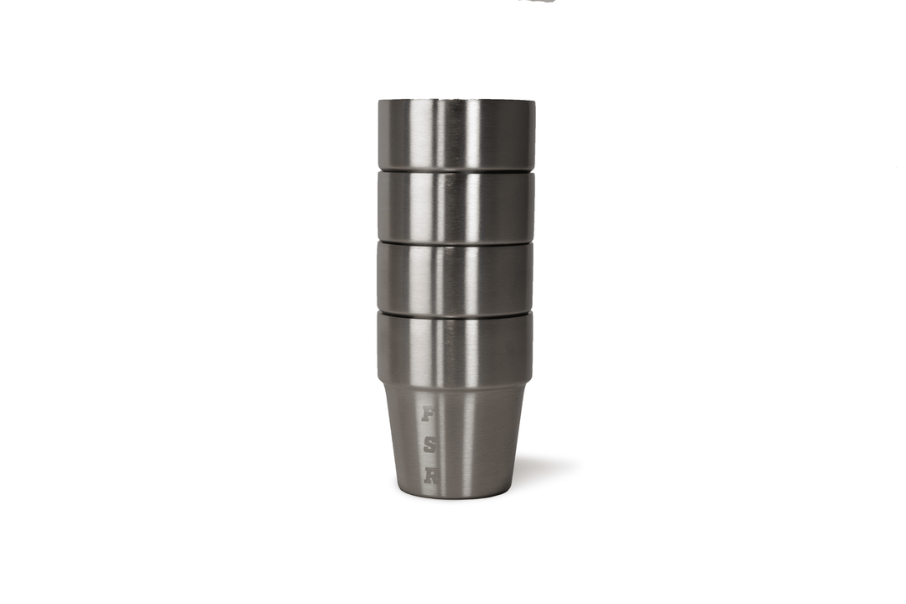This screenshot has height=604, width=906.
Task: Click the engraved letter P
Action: coord(428,415)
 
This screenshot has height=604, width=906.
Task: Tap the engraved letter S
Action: coord(429,445)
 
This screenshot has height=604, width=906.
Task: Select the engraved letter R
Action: coord(430,476)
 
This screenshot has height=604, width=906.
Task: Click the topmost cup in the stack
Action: coord(456,134)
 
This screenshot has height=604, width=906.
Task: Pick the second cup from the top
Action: coord(456,207)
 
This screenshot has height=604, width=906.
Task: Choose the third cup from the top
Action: coord(455,279)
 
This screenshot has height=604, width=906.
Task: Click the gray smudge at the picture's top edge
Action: coord(537,2)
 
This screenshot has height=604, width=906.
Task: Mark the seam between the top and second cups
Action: coord(456,171)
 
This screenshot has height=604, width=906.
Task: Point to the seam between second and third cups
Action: coord(456,243)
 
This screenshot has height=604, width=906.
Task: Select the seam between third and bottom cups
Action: coord(455,314)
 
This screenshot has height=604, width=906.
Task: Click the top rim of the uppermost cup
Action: coord(456,102)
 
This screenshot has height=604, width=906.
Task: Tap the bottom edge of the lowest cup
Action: coord(456,497)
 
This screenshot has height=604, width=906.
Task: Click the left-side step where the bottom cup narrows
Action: coord(382,384)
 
